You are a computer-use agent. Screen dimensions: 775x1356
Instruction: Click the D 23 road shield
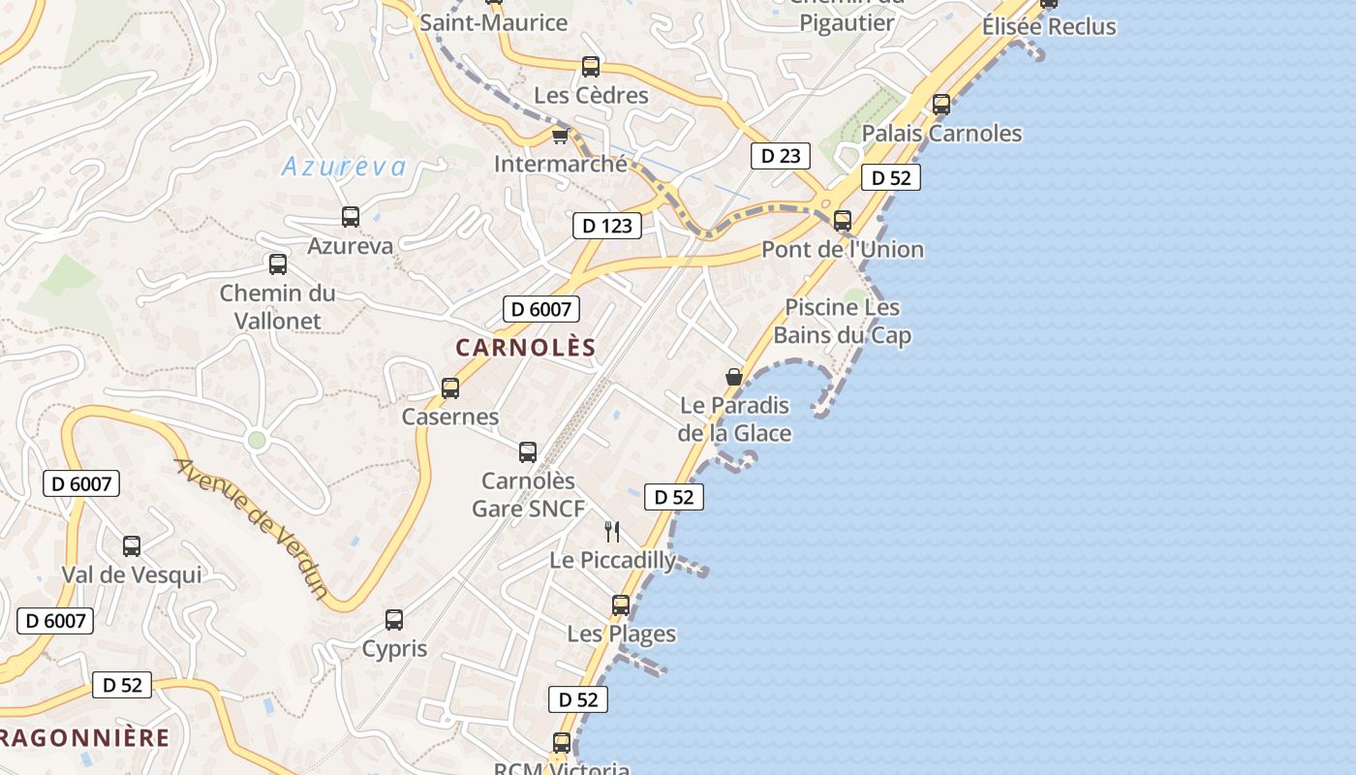tap(780, 155)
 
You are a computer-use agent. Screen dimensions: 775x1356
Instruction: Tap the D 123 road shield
tap(607, 226)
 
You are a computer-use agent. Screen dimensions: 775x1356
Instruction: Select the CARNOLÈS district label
tap(526, 347)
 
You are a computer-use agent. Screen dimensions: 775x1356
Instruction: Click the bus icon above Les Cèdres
tap(591, 67)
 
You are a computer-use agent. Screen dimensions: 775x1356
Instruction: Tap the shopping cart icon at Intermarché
tap(560, 136)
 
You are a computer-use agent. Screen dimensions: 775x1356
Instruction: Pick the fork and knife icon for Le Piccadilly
tap(612, 531)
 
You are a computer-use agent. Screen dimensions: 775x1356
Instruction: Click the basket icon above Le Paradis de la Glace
tap(734, 377)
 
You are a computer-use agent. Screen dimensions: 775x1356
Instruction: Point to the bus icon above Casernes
tap(450, 388)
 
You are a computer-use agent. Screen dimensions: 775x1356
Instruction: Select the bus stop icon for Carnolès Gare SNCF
tap(528, 452)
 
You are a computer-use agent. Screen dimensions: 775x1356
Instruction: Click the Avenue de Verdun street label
tap(252, 528)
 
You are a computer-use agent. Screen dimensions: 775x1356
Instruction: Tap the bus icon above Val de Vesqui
tap(132, 546)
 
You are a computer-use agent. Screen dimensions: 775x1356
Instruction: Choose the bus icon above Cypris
tap(394, 620)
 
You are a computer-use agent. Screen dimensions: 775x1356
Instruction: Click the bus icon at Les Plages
tap(621, 605)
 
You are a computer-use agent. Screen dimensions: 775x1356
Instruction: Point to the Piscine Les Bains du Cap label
tap(843, 322)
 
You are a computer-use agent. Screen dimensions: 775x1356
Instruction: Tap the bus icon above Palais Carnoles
tap(941, 105)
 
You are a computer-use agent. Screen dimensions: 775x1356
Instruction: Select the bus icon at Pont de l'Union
tap(843, 221)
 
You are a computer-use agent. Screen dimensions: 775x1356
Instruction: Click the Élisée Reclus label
tap(1049, 26)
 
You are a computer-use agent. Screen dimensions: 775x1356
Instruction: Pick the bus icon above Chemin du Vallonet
tap(278, 264)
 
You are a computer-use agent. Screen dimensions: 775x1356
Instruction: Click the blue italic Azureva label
tap(344, 167)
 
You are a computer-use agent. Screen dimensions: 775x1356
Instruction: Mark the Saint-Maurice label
tap(493, 21)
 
